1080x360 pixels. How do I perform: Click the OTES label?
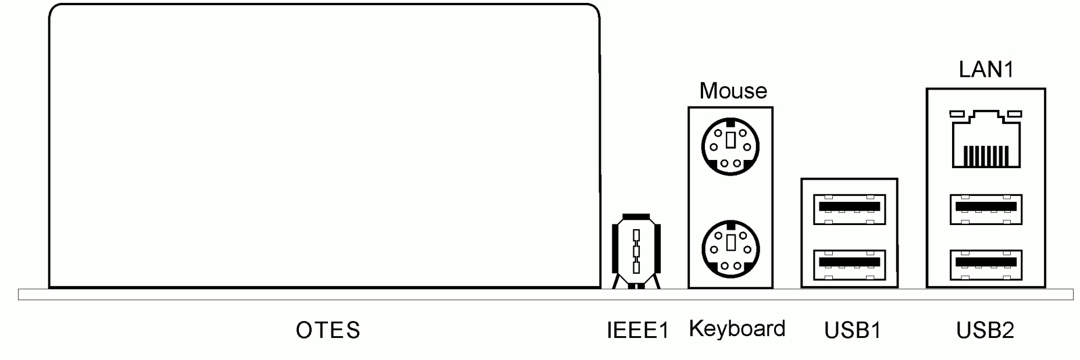click(x=328, y=330)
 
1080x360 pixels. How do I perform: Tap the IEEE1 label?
click(x=637, y=330)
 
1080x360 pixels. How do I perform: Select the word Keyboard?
click(x=737, y=329)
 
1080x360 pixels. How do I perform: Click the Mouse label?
click(x=733, y=91)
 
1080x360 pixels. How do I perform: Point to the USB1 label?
click(x=853, y=330)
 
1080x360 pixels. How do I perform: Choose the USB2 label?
click(x=985, y=330)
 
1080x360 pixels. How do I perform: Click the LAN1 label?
click(x=986, y=70)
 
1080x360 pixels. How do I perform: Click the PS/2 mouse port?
click(x=730, y=146)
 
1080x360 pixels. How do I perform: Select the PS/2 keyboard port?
click(x=730, y=249)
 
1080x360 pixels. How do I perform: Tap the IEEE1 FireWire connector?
click(x=636, y=252)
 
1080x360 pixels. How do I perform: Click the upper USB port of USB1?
click(x=851, y=209)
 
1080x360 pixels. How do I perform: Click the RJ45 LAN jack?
click(x=986, y=140)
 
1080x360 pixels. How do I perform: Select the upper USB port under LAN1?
click(x=986, y=209)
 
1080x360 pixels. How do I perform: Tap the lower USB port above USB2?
click(x=986, y=265)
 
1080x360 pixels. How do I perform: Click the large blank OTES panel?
click(x=324, y=145)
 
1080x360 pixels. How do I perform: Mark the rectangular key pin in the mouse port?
click(x=730, y=140)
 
